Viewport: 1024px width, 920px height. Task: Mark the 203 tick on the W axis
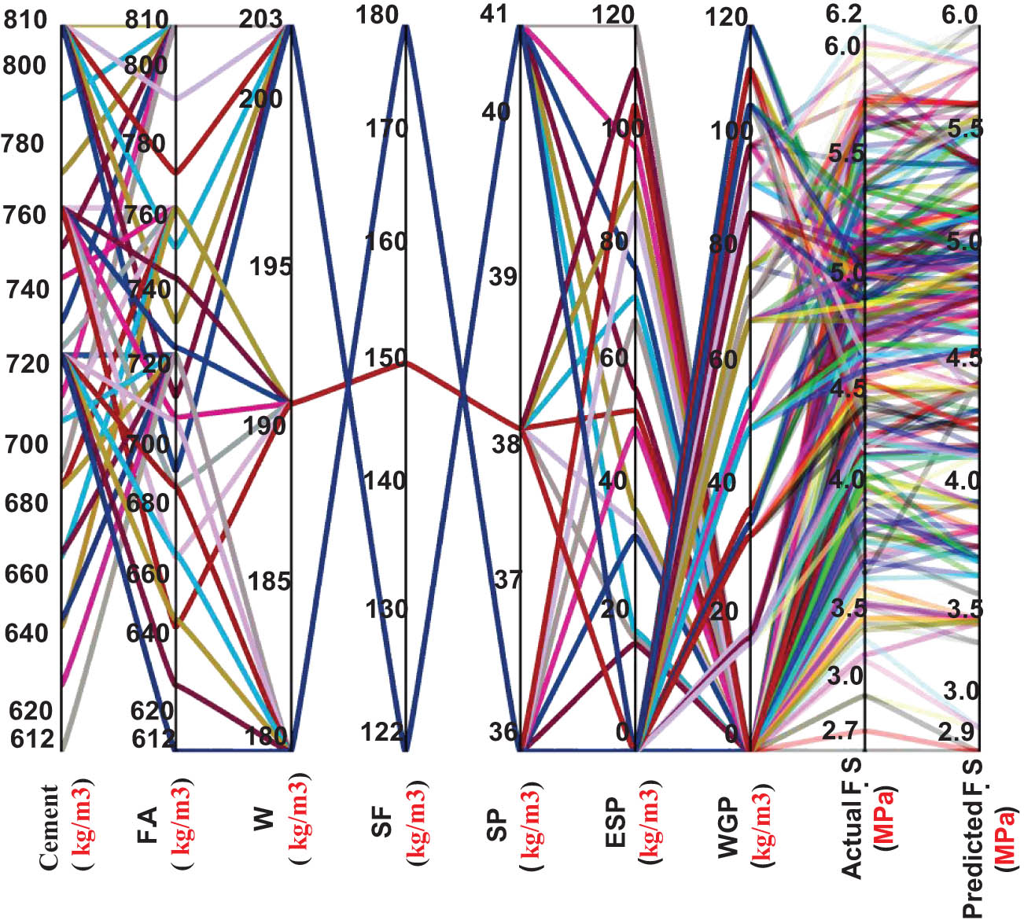[261, 19]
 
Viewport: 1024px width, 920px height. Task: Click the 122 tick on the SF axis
[384, 732]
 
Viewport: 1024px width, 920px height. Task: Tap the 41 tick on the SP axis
[496, 15]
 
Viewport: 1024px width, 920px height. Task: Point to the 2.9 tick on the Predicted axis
[957, 731]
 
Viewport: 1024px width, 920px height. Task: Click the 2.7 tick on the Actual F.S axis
[841, 730]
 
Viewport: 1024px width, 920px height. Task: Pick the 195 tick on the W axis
[270, 267]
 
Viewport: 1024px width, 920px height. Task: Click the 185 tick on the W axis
[270, 581]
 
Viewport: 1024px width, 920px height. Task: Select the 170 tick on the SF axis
[385, 127]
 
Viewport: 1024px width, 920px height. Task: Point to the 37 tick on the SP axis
[507, 580]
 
